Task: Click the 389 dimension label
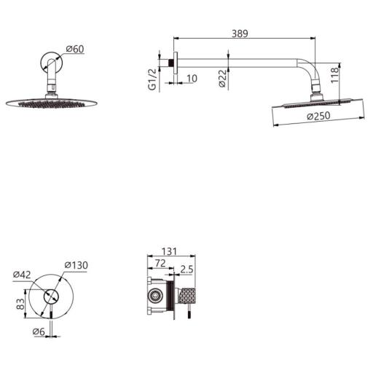tap(240, 34)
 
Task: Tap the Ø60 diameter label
tap(75, 49)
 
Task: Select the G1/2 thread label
tap(152, 79)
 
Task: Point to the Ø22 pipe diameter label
tap(222, 79)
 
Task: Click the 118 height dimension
tap(334, 75)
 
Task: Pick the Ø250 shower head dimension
tap(318, 116)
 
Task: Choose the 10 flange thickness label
tap(192, 79)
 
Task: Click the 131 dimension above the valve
tap(169, 251)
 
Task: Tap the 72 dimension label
tap(160, 263)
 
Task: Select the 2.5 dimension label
tap(186, 270)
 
